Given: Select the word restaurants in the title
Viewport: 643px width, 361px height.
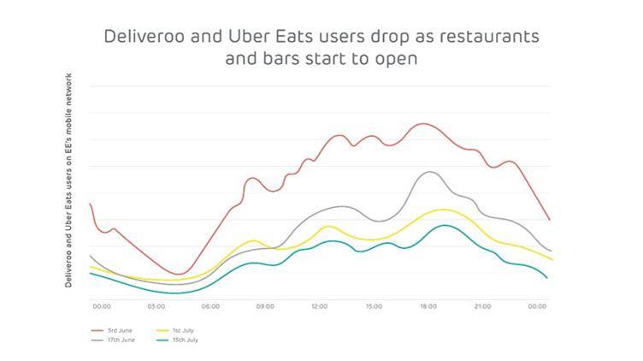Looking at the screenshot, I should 490,38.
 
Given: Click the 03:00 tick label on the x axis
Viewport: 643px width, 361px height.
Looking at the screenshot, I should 156,305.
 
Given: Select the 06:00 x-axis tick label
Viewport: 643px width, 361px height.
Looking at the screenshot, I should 210,305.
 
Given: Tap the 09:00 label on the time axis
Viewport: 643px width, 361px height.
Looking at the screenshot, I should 264,305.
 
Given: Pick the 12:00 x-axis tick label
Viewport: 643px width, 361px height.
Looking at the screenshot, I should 319,305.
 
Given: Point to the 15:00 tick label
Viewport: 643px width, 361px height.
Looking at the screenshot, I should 374,305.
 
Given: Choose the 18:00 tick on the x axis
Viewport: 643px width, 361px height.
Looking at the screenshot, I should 428,305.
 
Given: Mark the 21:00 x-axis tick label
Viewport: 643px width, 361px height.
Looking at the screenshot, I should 482,305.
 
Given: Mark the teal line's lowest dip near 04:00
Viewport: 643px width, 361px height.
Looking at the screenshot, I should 177,293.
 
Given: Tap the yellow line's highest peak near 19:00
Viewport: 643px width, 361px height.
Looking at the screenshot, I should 442,210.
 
